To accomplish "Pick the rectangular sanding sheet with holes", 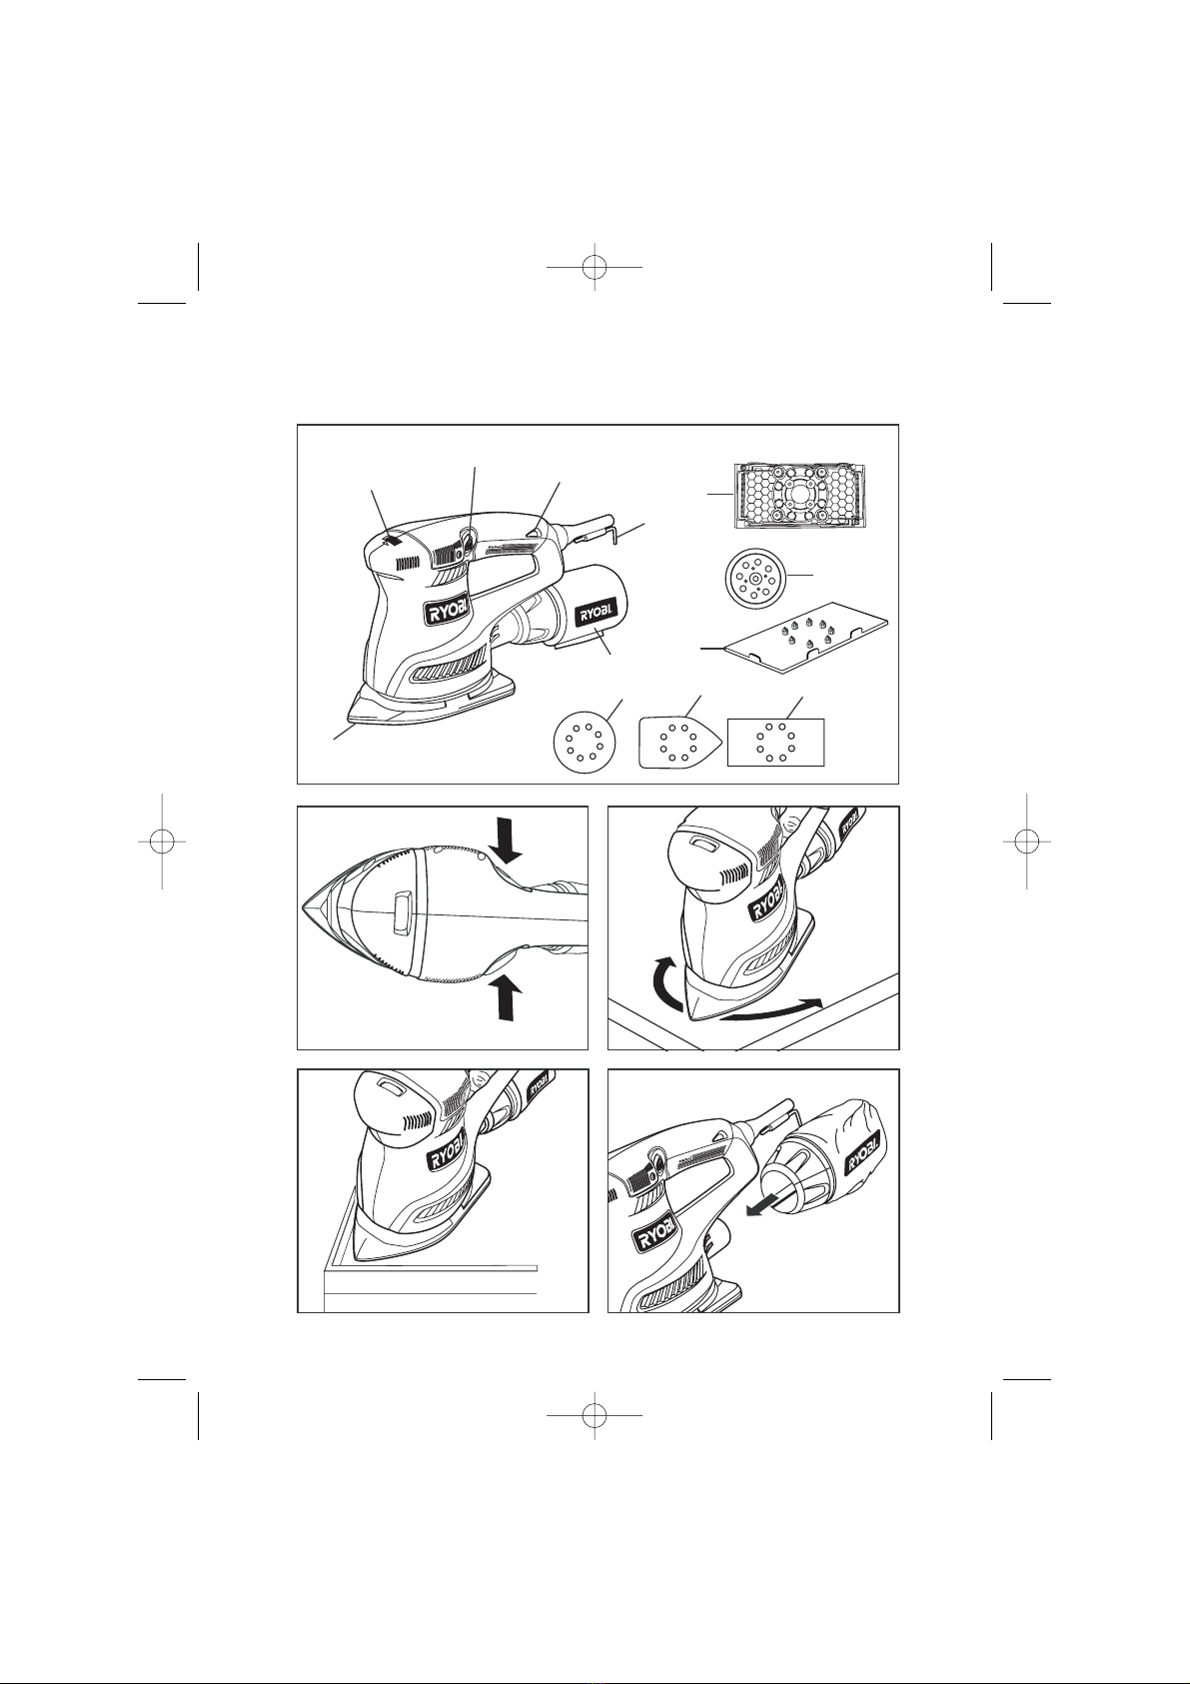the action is tap(775, 742).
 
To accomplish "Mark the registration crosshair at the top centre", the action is tap(595, 266).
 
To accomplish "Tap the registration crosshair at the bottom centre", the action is tap(595, 1415).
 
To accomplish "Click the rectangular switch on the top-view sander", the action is tap(400, 911).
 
